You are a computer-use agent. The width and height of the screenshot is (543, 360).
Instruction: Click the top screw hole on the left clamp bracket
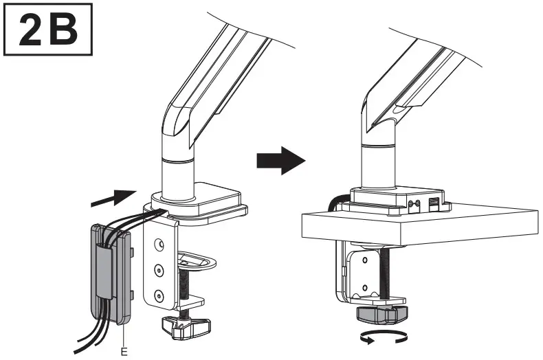pyautogui.click(x=159, y=244)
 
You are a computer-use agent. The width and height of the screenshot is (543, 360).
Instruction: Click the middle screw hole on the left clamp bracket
pyautogui.click(x=159, y=269)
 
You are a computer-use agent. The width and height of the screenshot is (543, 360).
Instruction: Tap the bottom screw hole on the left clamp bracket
pyautogui.click(x=159, y=294)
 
